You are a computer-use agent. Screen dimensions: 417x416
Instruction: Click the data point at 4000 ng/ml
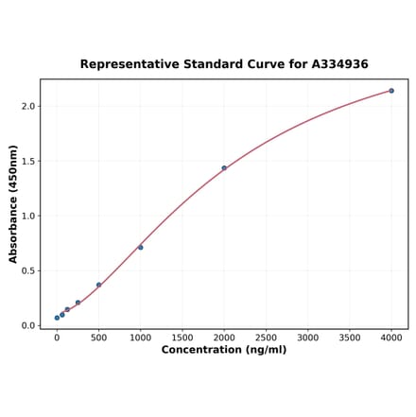coord(391,91)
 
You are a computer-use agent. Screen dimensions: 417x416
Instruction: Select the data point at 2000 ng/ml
coord(224,168)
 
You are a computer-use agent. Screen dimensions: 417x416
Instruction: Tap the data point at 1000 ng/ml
coord(141,248)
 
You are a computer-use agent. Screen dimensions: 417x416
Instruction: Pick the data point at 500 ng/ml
coord(98,285)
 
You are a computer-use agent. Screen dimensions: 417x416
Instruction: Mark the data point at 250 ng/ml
coord(78,303)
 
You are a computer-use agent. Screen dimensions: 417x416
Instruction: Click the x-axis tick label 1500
coord(182,337)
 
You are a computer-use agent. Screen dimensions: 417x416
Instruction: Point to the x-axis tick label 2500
coord(266,337)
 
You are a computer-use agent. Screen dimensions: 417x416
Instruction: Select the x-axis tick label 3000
coord(307,337)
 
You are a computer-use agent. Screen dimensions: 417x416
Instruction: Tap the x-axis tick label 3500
coord(350,337)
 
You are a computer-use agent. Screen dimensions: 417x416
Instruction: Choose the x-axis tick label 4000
coord(391,337)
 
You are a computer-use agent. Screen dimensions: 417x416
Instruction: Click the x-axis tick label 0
coord(57,337)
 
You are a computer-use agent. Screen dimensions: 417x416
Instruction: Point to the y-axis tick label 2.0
coord(27,107)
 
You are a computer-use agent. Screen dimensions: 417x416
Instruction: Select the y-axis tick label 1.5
coord(27,162)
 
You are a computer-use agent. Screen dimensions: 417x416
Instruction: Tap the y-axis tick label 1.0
coord(27,217)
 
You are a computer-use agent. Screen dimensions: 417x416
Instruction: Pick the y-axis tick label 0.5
coord(27,271)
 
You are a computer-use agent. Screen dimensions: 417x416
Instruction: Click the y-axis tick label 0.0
coord(27,326)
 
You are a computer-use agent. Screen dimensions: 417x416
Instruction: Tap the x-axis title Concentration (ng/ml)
coord(224,350)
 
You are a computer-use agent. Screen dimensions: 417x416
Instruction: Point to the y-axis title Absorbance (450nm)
coord(13,203)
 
